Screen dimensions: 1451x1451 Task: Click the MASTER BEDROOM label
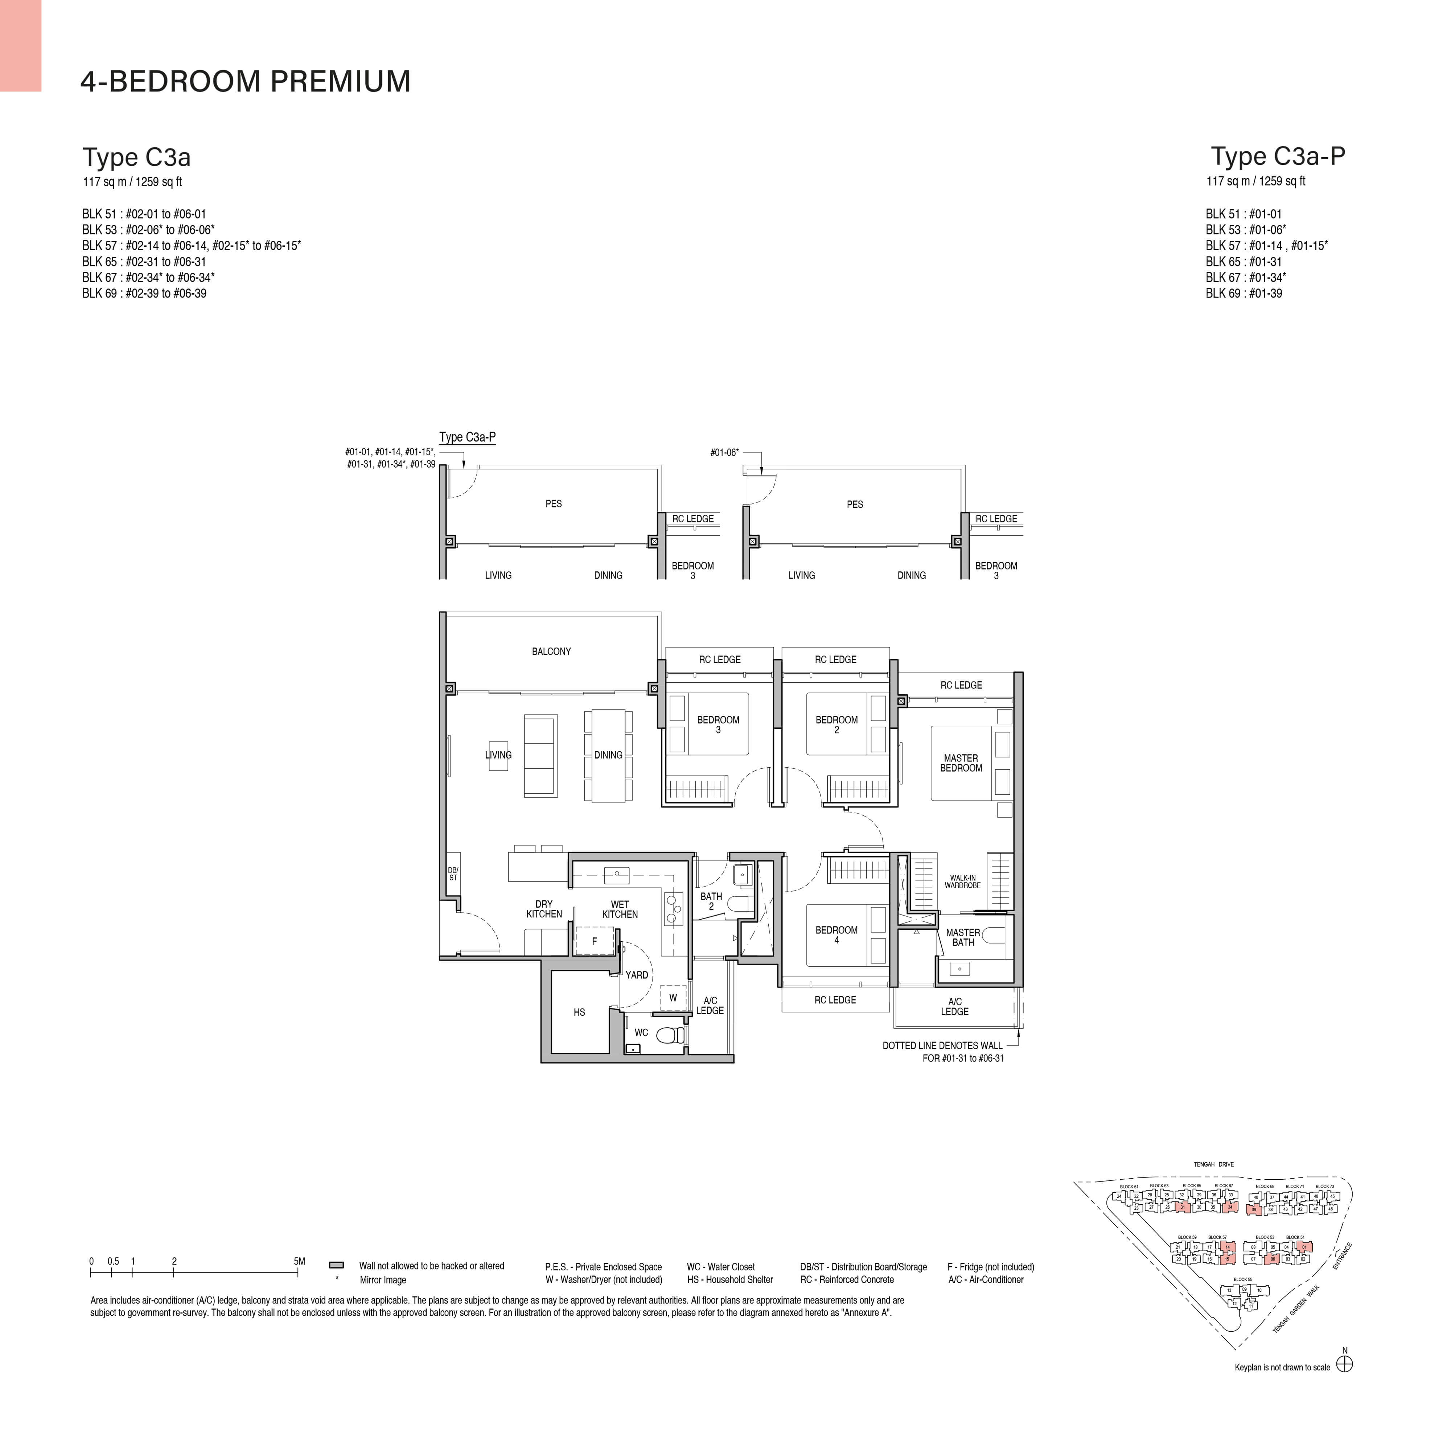tap(961, 763)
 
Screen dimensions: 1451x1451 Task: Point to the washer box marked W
tap(673, 998)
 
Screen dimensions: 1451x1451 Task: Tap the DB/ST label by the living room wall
tap(453, 874)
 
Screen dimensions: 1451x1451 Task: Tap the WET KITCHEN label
tap(620, 909)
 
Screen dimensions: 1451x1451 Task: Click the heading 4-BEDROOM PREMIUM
tap(246, 81)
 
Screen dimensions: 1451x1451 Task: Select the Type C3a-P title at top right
tap(1278, 156)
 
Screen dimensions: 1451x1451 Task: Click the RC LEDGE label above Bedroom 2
tap(835, 659)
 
